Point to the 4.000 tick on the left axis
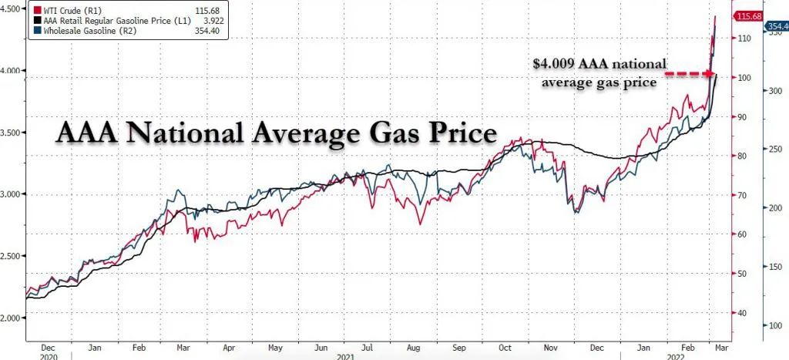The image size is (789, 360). coord(13,71)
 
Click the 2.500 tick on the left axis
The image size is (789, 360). coord(13,256)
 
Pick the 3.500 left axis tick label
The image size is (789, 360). coord(13,133)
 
